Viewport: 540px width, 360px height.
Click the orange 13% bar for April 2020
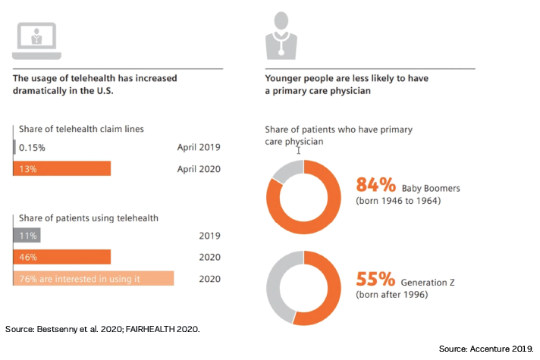62,168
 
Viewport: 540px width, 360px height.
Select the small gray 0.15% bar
14,147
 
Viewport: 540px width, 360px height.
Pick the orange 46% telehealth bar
62,257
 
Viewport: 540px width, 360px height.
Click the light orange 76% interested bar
93,278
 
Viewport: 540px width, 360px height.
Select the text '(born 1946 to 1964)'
397,201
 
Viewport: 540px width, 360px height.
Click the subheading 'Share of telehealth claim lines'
78,129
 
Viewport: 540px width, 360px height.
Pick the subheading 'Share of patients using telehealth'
85,218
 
